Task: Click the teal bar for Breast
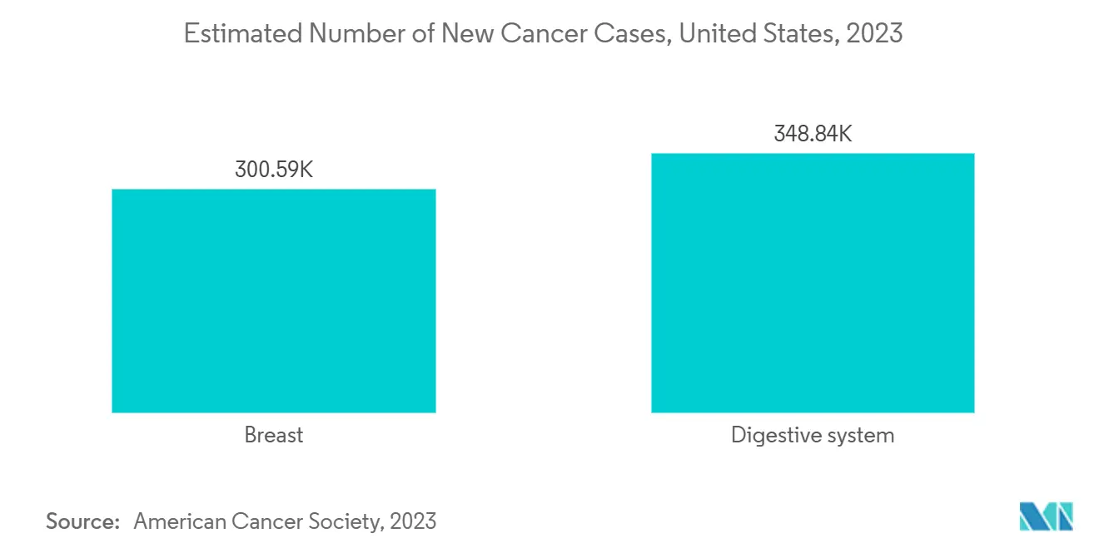(273, 300)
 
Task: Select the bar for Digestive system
(812, 283)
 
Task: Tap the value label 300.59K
(274, 170)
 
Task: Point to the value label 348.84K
(813, 134)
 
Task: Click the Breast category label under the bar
(274, 435)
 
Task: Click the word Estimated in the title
(231, 34)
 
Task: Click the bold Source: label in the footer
(83, 521)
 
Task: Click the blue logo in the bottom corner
(1046, 516)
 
